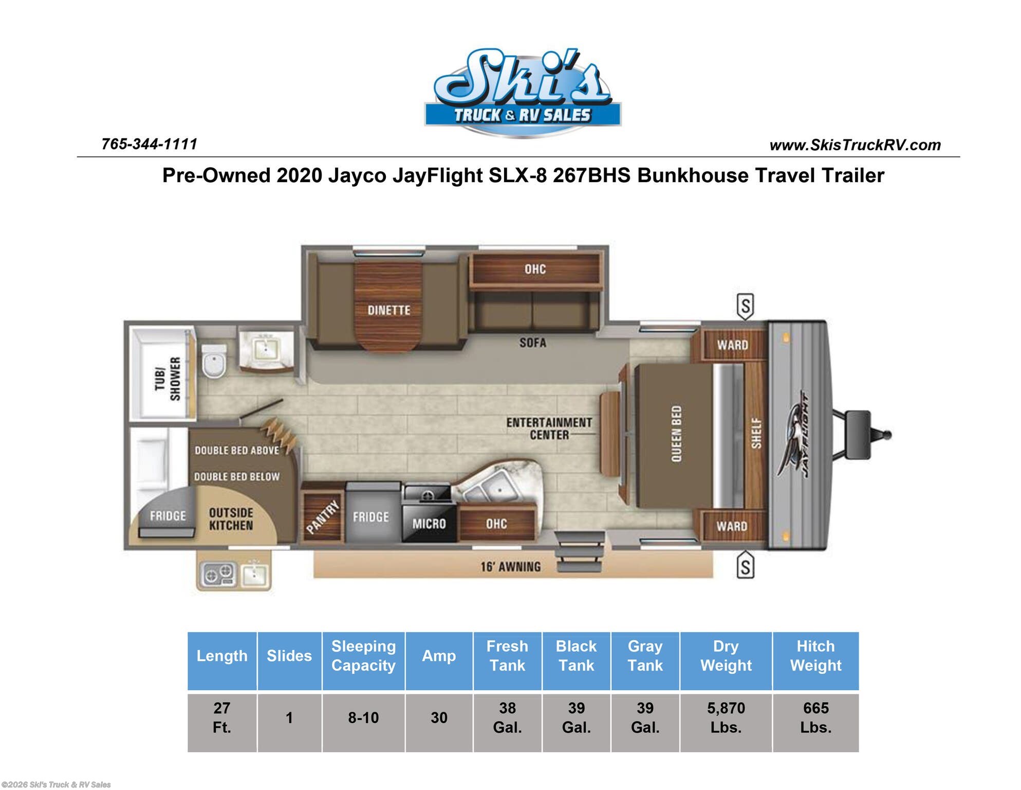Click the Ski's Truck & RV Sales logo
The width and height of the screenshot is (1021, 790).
(523, 93)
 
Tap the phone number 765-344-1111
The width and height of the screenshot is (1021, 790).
(149, 144)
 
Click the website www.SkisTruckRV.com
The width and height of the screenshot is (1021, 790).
(855, 145)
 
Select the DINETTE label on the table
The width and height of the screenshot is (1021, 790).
(388, 310)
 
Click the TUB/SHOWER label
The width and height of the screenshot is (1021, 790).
(168, 379)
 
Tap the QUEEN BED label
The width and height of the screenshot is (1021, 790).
(676, 434)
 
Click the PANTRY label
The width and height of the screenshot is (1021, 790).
(323, 517)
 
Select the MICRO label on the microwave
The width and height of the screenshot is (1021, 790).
(429, 524)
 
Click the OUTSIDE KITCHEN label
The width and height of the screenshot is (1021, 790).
(231, 519)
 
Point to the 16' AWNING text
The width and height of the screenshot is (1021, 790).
(510, 567)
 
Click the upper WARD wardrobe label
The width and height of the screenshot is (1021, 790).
(732, 345)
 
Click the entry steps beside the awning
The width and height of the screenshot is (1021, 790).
(579, 552)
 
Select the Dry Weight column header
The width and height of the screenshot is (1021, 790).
(726, 656)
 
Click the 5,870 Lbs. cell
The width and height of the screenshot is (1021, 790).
(726, 717)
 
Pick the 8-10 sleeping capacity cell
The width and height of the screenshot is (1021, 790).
(363, 717)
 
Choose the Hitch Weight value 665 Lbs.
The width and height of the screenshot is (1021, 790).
(815, 717)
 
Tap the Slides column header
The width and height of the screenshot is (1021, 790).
(289, 656)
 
